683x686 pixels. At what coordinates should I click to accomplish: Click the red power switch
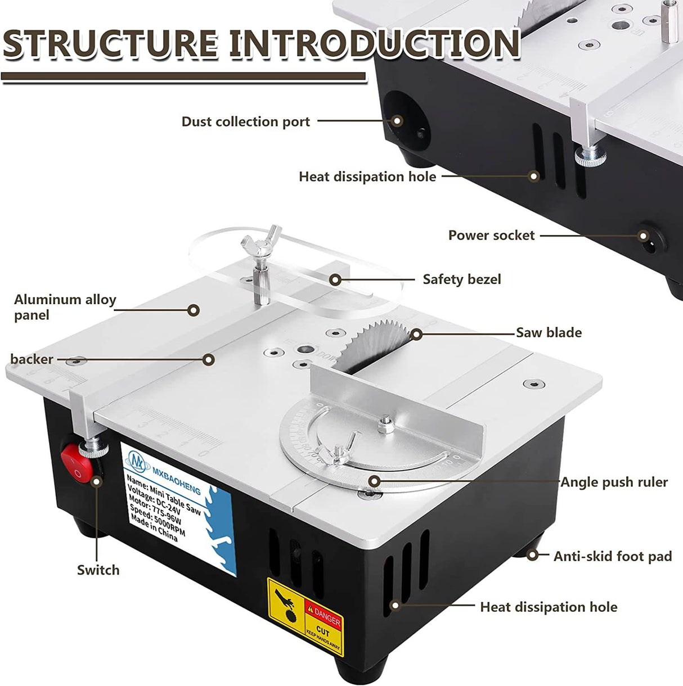(77, 463)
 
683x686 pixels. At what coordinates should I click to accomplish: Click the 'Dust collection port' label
(245, 121)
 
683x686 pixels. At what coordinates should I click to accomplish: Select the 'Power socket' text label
(491, 235)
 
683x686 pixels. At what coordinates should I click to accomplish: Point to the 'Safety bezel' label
(461, 279)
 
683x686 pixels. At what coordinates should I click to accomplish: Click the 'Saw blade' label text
(549, 332)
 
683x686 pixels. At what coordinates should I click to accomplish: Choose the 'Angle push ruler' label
(614, 482)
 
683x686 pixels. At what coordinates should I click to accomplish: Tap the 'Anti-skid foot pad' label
(612, 556)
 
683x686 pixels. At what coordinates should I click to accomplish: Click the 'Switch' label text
(98, 570)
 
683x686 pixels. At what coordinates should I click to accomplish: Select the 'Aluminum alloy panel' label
(65, 307)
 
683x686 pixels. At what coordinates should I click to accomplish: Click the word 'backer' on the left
(32, 359)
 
